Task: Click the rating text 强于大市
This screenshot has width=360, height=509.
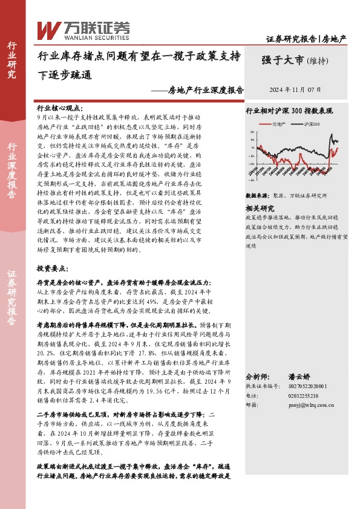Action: (282, 60)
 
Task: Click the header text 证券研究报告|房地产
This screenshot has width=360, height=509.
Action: (307, 39)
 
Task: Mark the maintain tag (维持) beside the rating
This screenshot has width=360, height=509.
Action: (318, 60)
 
